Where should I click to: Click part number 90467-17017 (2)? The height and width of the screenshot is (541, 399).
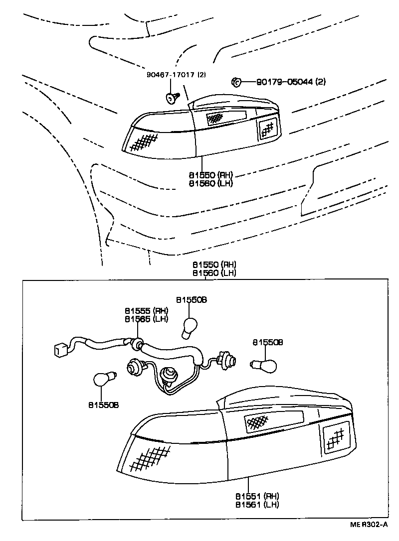click(x=176, y=75)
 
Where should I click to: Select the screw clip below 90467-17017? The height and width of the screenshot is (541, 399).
click(x=172, y=97)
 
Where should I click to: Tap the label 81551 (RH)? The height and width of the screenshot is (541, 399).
click(x=257, y=496)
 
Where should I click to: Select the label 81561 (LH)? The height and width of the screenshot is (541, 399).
click(x=257, y=504)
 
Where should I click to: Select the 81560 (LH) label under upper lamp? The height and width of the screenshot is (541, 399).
click(x=210, y=183)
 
